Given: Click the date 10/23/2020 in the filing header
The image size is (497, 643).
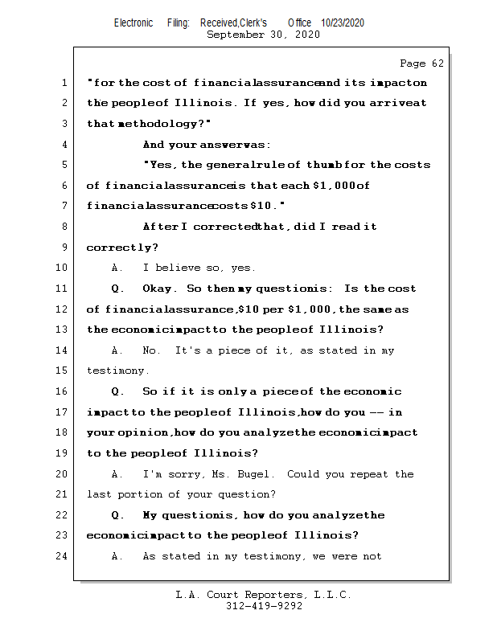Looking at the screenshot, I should click(342, 23).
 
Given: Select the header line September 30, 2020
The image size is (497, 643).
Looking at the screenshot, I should click(263, 35).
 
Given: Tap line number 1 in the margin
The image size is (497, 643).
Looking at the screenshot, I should click(64, 83).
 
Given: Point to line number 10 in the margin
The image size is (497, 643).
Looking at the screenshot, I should click(61, 268).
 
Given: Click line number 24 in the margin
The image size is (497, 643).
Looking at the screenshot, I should click(61, 556).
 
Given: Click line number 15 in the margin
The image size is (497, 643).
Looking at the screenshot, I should click(61, 371).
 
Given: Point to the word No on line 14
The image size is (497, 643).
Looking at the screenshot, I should click(151, 350).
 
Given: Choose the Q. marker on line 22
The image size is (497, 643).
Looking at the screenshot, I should click(118, 515).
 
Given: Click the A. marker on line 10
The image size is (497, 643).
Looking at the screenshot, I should click(117, 268).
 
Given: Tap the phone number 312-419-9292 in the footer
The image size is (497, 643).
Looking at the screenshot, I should click(264, 607).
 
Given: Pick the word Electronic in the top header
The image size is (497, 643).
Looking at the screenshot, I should click(133, 23).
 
